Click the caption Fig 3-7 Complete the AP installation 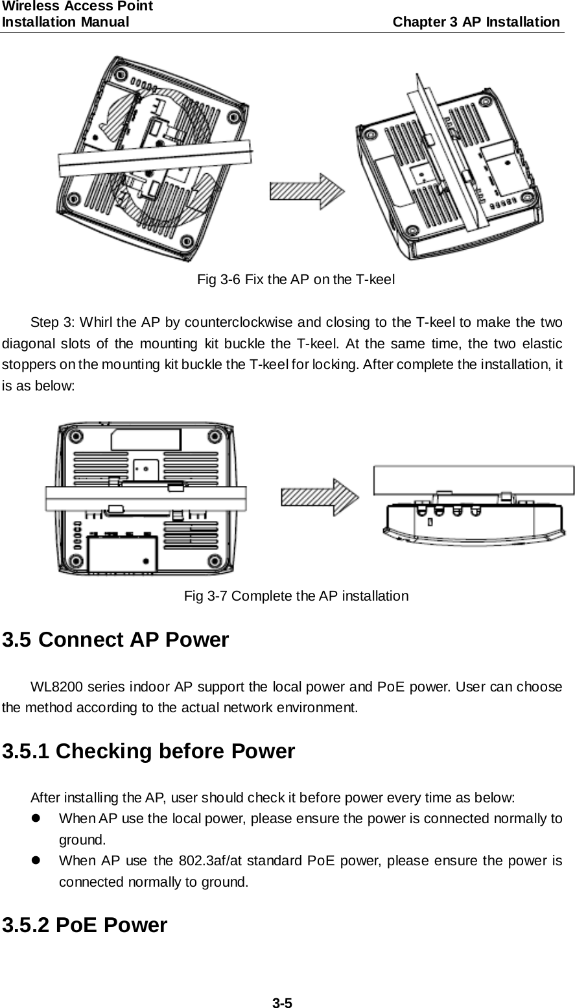coord(296,595)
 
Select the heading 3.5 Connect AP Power coord(116,640)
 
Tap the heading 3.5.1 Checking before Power coord(149,752)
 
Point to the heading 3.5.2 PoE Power coord(85,924)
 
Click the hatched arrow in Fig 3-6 coord(307,193)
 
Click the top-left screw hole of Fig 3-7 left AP coord(75,435)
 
